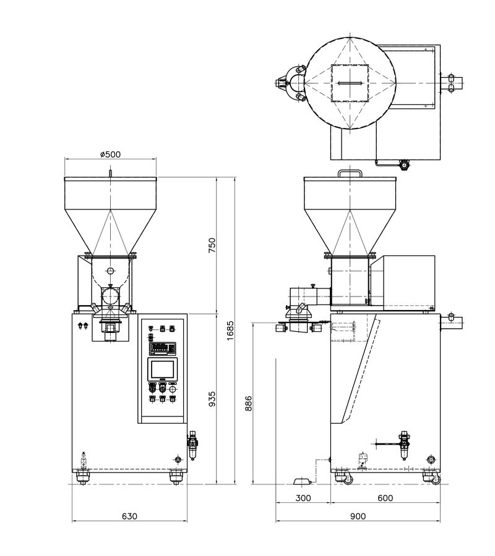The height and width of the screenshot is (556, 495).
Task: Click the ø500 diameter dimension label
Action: pos(110,154)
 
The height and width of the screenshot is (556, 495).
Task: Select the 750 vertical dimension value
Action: pos(212,245)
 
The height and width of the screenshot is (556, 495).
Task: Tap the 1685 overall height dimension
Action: pos(230,331)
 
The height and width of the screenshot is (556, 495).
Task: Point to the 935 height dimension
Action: pos(212,399)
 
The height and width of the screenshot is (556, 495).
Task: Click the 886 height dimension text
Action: pos(249,403)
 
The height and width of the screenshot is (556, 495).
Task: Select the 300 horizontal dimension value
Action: pos(303,498)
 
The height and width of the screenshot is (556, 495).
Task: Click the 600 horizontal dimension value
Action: pos(385,498)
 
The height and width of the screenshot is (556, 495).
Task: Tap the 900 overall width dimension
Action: pos(358,516)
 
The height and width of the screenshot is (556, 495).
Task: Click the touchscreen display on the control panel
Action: pos(162,369)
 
